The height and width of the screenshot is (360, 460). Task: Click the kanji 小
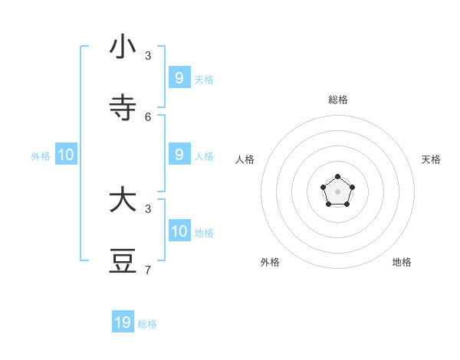coord(123,47)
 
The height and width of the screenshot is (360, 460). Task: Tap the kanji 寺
coord(123,108)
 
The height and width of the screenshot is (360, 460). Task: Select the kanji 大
coord(123,200)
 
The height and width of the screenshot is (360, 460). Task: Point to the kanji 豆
coord(123,261)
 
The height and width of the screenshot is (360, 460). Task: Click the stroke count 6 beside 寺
coord(148,116)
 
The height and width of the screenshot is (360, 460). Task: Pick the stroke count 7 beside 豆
coord(148,270)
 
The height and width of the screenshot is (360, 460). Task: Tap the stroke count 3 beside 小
coord(148,55)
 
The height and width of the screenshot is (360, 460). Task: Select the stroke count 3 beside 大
coord(148,208)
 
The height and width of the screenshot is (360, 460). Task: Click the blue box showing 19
coord(123,322)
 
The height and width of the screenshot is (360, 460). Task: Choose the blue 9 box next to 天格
coord(179,77)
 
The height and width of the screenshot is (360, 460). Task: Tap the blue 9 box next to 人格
coord(179,154)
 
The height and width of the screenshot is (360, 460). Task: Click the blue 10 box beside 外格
coord(66,154)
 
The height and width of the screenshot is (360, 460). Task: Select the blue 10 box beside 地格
coord(179,231)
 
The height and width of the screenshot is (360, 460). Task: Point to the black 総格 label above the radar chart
coord(338,100)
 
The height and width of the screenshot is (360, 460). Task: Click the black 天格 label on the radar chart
coord(431,159)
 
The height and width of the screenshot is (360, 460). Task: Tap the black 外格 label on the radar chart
coord(270,262)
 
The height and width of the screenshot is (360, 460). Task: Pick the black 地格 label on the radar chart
coord(402,262)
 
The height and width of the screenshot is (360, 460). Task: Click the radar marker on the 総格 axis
coord(337,177)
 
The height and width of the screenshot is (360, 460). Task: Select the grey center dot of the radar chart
coord(337,191)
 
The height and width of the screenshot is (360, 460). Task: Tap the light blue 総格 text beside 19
coord(147,324)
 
